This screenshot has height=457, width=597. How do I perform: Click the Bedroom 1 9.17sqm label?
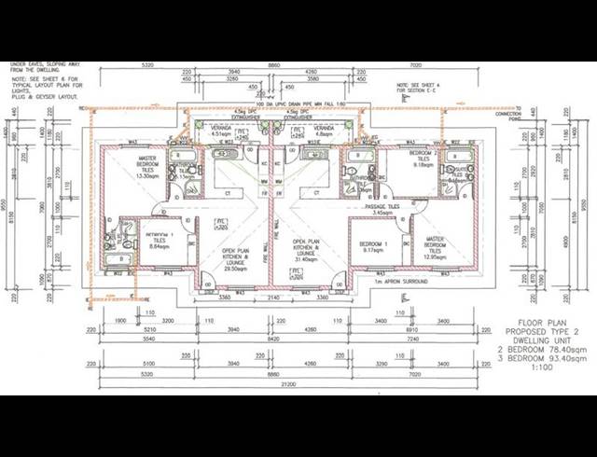pyautogui.click(x=373, y=246)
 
